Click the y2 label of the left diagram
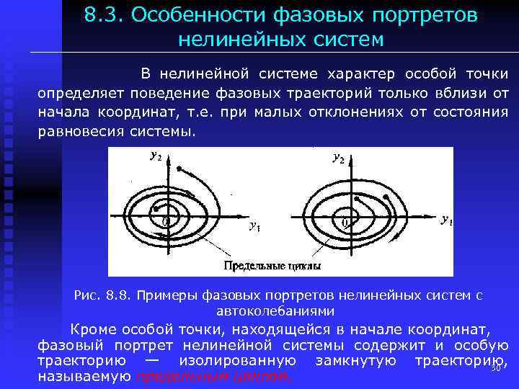[x=155, y=156]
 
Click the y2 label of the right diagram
[x=338, y=157]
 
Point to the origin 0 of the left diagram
[x=165, y=221]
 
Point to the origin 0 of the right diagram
[x=345, y=223]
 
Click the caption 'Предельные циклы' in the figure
[x=272, y=266]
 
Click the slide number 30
[x=494, y=368]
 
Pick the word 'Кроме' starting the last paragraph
[x=94, y=330]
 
